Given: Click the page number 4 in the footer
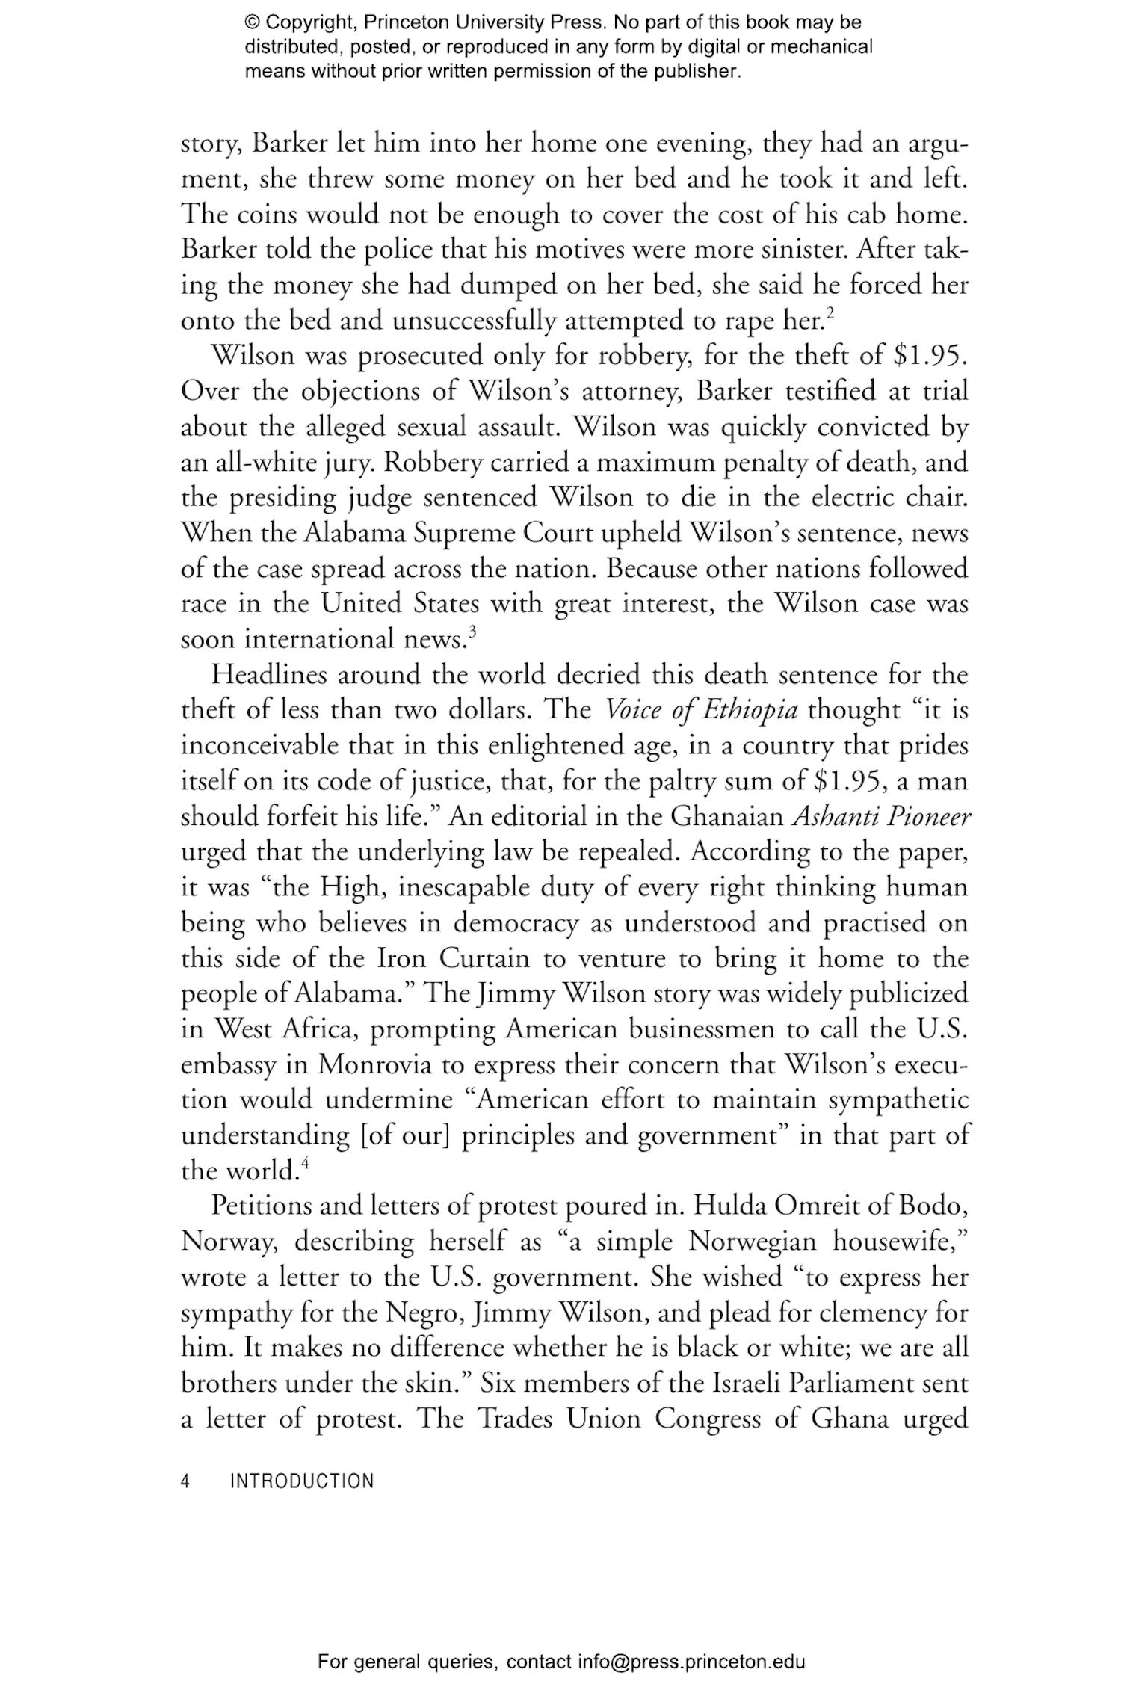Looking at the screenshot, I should point(185,1481).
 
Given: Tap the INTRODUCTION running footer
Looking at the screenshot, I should point(302,1481).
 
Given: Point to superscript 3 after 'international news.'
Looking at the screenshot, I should point(472,632).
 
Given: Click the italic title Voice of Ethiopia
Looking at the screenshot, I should point(700,709).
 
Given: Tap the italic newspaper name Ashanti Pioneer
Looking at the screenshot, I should point(881,816).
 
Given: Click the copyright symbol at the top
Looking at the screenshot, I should point(251,22).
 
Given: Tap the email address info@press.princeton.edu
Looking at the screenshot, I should point(691,1662).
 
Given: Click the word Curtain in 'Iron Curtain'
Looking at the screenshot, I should point(489,958).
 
